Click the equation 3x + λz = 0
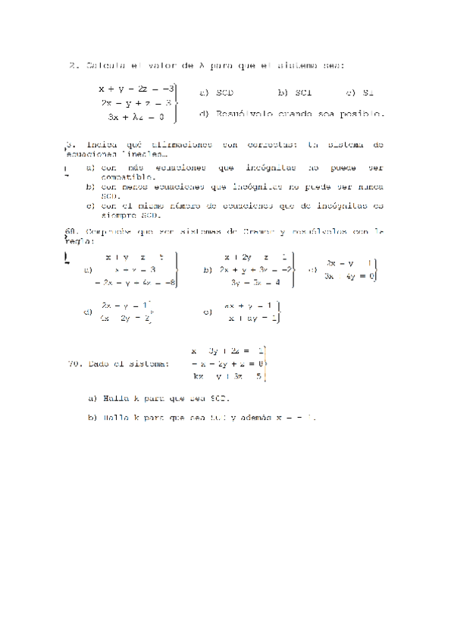pyautogui.click(x=136, y=117)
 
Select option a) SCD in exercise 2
pyautogui.click(x=217, y=93)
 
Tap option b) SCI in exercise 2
pyautogui.click(x=294, y=93)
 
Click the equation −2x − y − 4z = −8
pyautogui.click(x=136, y=282)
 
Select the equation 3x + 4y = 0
pyautogui.click(x=349, y=276)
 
